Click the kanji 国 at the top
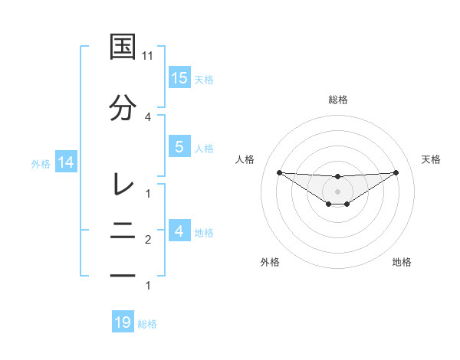point(123,47)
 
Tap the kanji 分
point(123,108)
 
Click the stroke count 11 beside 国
point(148,56)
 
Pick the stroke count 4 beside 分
point(148,116)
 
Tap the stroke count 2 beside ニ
point(148,240)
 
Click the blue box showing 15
point(179,78)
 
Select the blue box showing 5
point(179,147)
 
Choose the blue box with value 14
point(65,162)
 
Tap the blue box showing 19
point(123,322)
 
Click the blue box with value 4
point(179,231)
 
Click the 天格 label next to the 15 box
point(204,79)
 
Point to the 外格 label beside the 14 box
point(41,163)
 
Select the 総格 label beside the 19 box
point(147,323)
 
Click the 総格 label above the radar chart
point(337,100)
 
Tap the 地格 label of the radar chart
point(402,262)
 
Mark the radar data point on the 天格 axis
point(396,172)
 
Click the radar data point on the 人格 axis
point(279,172)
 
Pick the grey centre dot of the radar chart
point(337,191)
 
